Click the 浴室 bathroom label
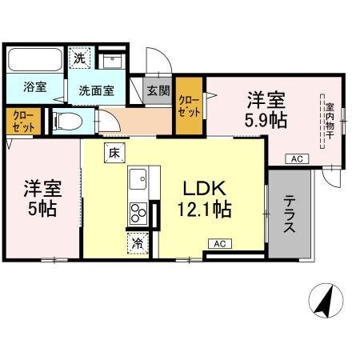[33, 87]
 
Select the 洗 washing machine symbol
[79, 58]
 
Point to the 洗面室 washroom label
[94, 90]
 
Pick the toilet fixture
[67, 121]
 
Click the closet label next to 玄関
[190, 106]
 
